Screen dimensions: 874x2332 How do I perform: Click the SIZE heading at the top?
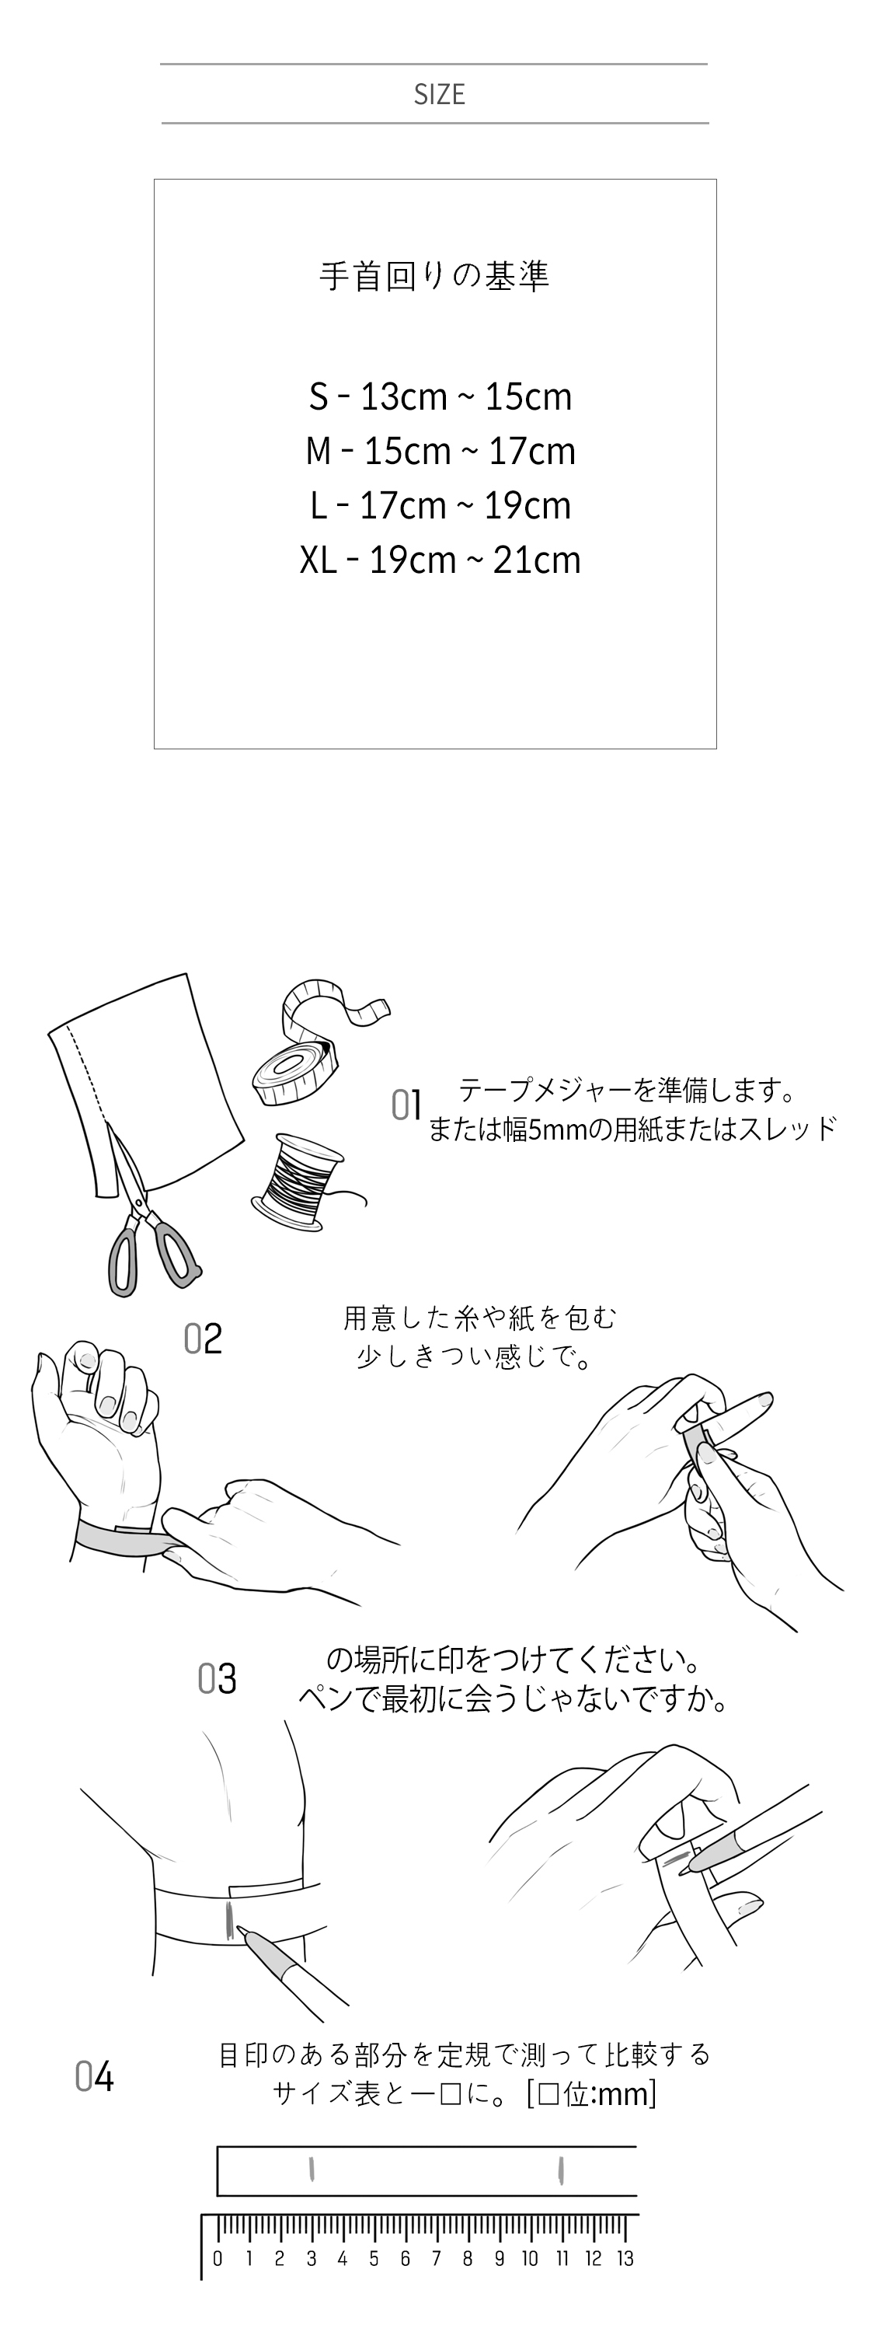click(x=439, y=94)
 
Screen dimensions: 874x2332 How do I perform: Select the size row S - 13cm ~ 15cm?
click(x=440, y=396)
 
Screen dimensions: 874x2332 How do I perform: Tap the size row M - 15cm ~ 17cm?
click(x=440, y=451)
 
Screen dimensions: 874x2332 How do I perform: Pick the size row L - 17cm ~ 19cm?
click(x=440, y=505)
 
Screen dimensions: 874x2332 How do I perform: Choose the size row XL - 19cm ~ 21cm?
click(x=440, y=560)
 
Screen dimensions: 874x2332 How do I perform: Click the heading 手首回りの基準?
click(x=434, y=276)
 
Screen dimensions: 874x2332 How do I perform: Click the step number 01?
click(x=406, y=1105)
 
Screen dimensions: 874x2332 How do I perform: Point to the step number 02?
click(x=203, y=1339)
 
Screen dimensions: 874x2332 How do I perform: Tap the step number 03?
click(x=218, y=1679)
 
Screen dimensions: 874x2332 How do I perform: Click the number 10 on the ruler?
click(x=530, y=2259)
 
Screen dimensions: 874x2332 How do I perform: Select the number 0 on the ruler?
click(x=218, y=2259)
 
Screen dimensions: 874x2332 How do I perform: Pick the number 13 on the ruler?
click(x=625, y=2259)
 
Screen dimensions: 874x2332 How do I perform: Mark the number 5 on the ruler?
click(x=374, y=2259)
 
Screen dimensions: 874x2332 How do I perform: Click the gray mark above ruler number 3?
click(x=312, y=2170)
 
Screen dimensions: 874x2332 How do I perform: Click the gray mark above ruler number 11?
click(x=562, y=2170)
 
